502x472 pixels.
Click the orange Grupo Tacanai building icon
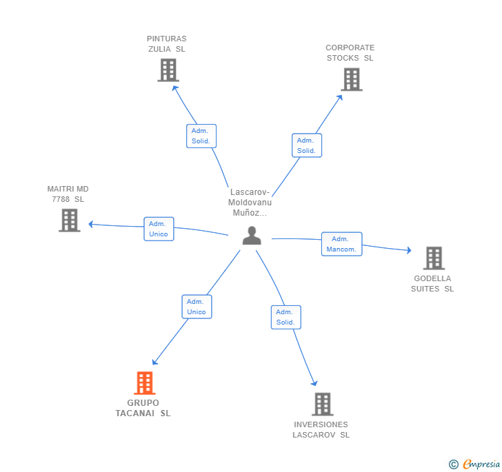tap(144, 382)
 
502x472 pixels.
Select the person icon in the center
tap(252, 236)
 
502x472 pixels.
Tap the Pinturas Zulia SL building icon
tap(168, 70)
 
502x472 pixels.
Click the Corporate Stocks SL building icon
tap(352, 79)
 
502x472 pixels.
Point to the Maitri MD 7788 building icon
tap(70, 220)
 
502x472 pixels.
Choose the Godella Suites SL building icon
tap(434, 258)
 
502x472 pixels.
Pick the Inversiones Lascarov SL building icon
tap(323, 404)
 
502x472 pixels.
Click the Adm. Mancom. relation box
tap(341, 244)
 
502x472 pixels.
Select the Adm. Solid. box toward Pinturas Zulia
tap(201, 136)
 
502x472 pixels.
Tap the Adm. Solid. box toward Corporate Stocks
tap(307, 145)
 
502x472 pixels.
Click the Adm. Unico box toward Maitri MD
tap(159, 229)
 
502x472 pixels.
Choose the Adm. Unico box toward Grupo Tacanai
tap(197, 307)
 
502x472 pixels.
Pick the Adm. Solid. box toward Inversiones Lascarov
tap(286, 317)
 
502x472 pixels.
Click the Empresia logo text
tap(481, 464)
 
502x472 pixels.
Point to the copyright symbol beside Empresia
tap(453, 464)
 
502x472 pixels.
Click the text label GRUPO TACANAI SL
tap(143, 408)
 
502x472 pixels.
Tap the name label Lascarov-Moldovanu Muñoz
tap(250, 203)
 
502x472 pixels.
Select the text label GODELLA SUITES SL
tap(432, 283)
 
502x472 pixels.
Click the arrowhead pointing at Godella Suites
tap(409, 250)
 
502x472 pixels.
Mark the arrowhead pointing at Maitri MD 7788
tap(90, 225)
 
